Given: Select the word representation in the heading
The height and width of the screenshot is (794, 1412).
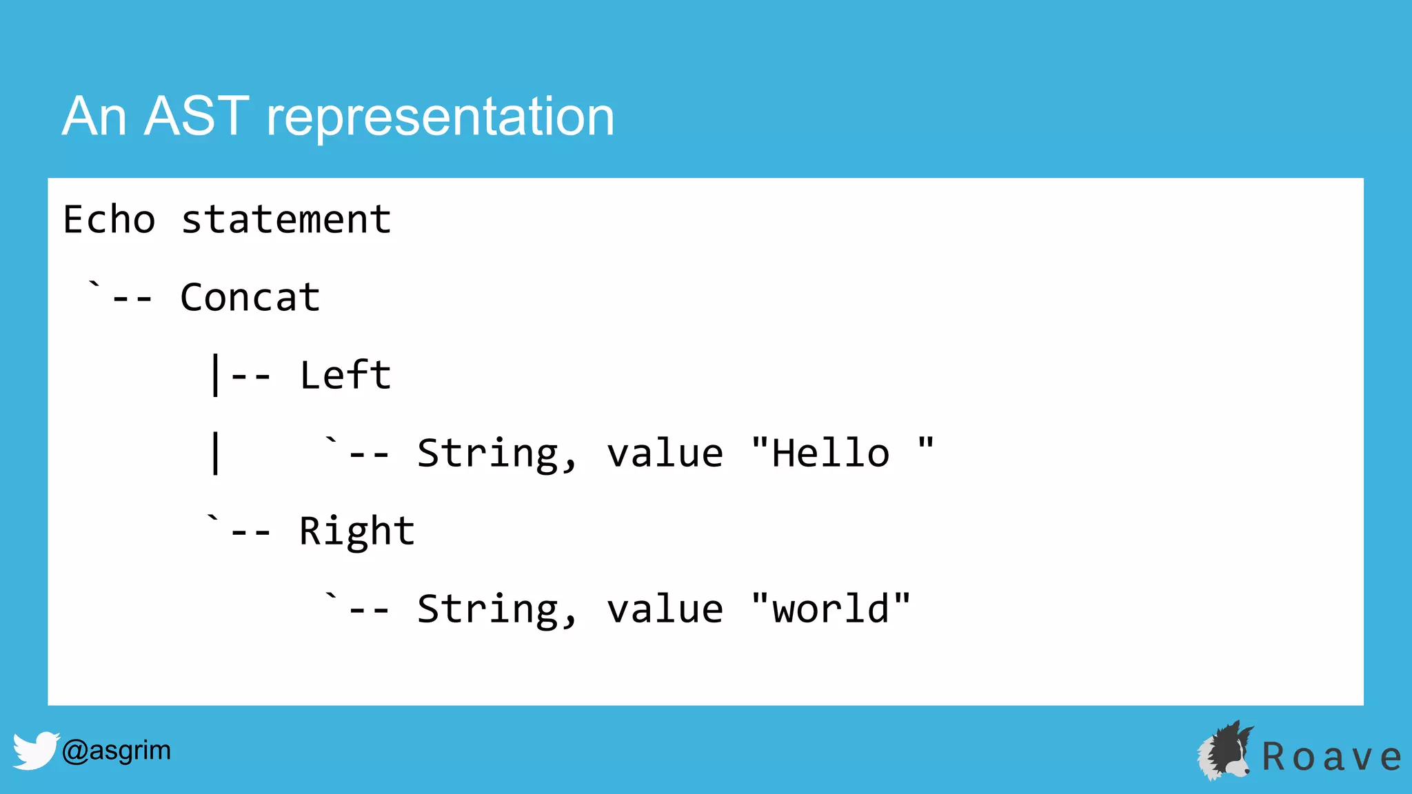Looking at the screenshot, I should pos(440,117).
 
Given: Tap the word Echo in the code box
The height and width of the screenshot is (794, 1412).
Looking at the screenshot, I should pos(109,220).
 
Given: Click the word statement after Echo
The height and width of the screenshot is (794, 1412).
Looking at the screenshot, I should pos(286,220).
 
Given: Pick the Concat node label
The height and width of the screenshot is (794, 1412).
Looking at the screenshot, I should pos(250,298).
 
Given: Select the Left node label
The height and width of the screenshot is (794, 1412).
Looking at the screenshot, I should pos(345,376).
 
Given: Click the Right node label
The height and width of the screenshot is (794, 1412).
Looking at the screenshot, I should pos(357,531).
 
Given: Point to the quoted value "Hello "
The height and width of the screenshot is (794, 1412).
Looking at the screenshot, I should pos(843,453).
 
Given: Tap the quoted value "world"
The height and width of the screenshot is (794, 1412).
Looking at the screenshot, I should pos(831,609).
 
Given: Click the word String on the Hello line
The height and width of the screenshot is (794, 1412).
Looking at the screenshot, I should pos(496,454).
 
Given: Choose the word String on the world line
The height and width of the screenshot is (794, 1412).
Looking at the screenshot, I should pos(496,609).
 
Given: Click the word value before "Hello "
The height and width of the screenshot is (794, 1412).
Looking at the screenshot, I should pos(665,454).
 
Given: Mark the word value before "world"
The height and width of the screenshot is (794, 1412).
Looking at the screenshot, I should pos(665,609).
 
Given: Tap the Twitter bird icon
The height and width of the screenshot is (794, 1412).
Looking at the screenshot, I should pos(35,750).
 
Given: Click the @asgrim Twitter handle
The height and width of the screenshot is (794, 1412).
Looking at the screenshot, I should pos(116,750).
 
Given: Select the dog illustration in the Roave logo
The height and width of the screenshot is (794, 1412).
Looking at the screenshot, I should pos(1225,751).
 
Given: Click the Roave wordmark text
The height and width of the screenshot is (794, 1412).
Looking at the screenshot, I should pos(1331,757).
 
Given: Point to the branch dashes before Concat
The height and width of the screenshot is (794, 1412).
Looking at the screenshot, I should pos(132,299).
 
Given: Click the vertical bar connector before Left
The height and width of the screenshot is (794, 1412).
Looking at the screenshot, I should pos(216,375).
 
